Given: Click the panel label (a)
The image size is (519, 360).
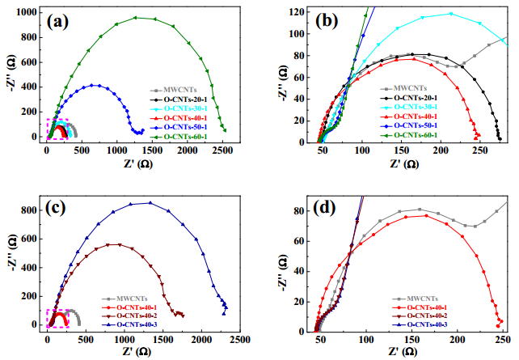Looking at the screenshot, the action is click(x=57, y=22).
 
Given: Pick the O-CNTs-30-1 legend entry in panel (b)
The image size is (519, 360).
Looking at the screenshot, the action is click(x=409, y=107).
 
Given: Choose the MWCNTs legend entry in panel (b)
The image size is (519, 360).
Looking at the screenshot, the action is click(x=404, y=88).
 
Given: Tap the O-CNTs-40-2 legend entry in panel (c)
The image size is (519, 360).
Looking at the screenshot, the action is click(x=129, y=316).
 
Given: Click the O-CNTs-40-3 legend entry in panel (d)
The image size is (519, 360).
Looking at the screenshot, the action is click(x=420, y=324).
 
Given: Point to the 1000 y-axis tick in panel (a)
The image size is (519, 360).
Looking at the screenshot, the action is click(x=27, y=13).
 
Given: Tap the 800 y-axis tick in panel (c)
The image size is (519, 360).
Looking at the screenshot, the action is click(x=31, y=210).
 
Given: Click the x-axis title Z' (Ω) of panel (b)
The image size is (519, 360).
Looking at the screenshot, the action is click(x=404, y=163).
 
